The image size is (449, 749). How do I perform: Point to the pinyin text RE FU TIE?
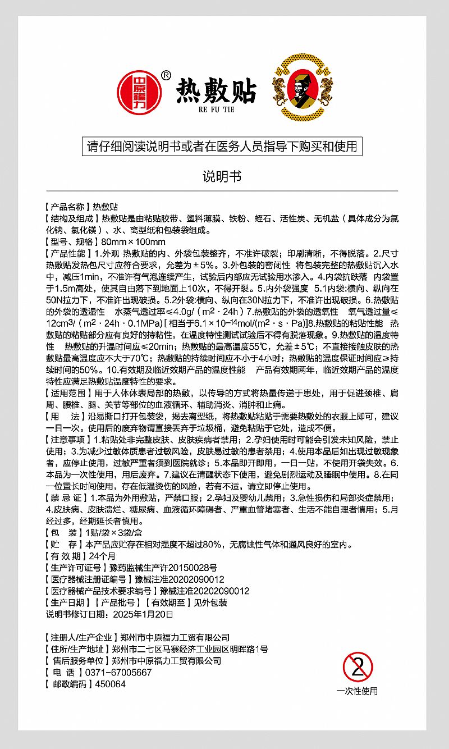click(x=216, y=109)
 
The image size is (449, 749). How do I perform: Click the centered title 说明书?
click(x=222, y=176)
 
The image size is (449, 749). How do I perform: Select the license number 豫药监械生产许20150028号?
click(x=163, y=568)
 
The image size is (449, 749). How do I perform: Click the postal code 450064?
click(x=110, y=684)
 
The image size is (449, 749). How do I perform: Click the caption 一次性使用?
click(x=357, y=691)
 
